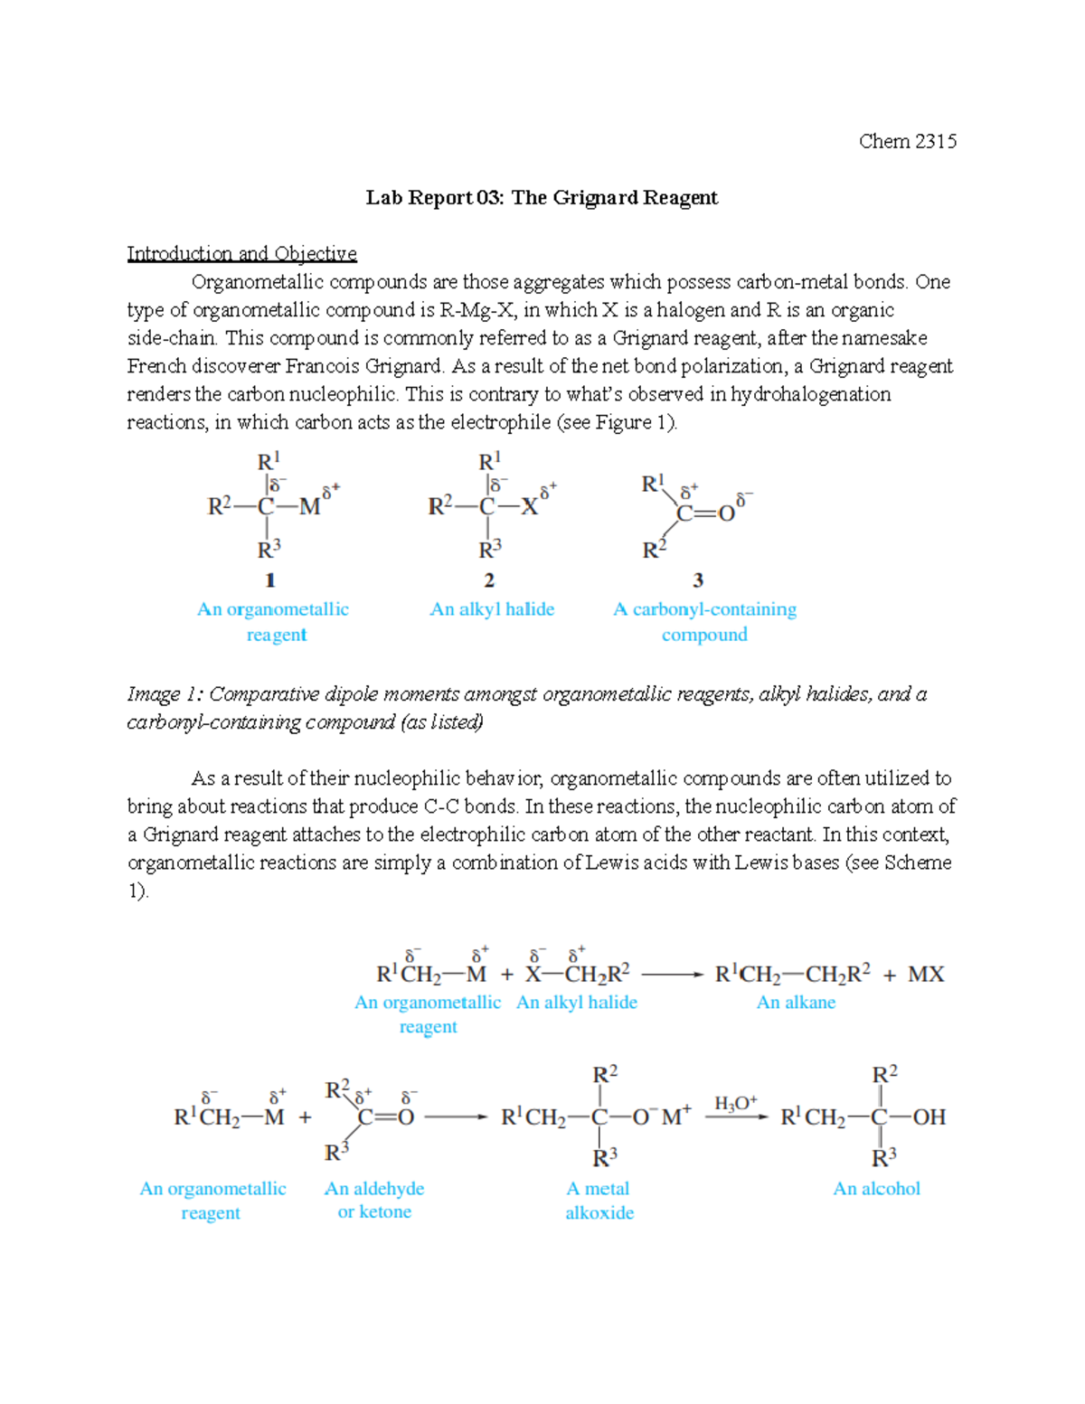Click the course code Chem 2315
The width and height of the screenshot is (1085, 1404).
tap(907, 141)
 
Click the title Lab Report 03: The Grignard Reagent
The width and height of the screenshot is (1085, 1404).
tap(542, 198)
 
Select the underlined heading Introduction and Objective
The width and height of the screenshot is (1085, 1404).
tap(241, 253)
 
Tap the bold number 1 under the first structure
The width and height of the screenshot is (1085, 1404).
tap(269, 580)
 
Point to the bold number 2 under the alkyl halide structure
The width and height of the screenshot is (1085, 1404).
tap(489, 580)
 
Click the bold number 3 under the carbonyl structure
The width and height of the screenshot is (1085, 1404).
tap(698, 580)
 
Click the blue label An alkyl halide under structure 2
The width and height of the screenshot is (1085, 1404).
tap(492, 609)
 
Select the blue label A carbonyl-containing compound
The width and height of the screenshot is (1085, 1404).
tap(704, 622)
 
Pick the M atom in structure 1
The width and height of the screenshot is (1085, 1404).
tap(309, 507)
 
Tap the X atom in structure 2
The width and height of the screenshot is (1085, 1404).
tap(529, 507)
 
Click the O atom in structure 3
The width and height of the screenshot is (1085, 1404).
tap(726, 514)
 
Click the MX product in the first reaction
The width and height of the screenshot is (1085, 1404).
tap(926, 975)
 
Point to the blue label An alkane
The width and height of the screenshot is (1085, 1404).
tap(796, 1003)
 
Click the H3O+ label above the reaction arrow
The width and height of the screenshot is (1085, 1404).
tap(735, 1103)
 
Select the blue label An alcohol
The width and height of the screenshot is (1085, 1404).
tap(876, 1189)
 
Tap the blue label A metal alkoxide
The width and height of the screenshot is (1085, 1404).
tap(599, 1201)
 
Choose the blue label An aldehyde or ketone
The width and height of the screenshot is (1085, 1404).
tap(374, 1201)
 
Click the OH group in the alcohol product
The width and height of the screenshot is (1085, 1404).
tap(929, 1117)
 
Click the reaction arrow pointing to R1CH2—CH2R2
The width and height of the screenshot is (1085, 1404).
tap(672, 975)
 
